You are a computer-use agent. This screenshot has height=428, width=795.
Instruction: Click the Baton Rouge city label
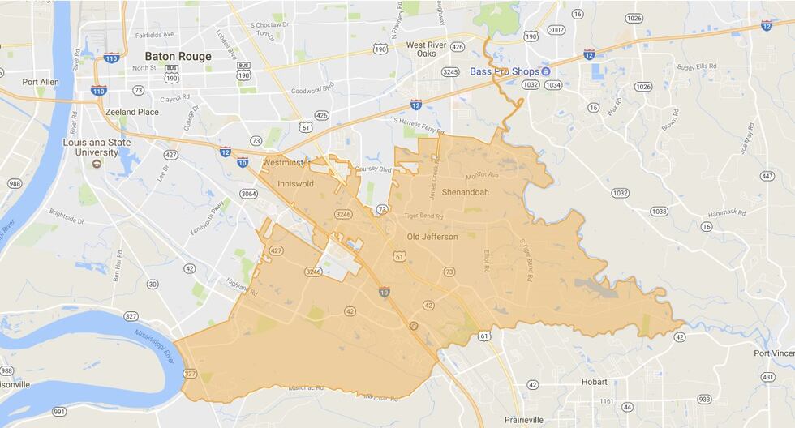click(x=178, y=57)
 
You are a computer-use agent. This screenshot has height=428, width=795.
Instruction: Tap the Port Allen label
click(x=41, y=82)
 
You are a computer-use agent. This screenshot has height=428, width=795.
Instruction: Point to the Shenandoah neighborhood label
click(x=468, y=193)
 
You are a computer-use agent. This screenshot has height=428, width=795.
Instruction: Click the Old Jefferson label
click(x=432, y=237)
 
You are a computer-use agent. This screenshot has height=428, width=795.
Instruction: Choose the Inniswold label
click(x=295, y=184)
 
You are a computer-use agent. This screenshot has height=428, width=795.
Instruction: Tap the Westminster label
click(x=286, y=163)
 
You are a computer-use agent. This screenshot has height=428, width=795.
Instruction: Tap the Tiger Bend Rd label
click(x=426, y=217)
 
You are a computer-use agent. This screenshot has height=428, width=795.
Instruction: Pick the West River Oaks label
click(x=428, y=49)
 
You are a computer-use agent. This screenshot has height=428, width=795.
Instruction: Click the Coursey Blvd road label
click(x=374, y=170)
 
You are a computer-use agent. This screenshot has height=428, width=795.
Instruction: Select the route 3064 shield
click(x=248, y=194)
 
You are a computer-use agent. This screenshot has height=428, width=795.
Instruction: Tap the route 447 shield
click(x=767, y=176)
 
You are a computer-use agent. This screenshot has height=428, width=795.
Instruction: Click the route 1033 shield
click(x=659, y=211)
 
